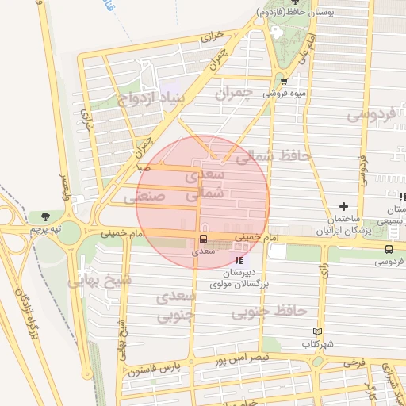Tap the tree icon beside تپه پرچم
[44, 216]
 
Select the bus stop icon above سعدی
[203, 239]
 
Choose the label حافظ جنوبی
[270, 312]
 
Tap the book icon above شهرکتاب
[319, 331]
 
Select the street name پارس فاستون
[157, 369]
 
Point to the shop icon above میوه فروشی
[284, 81]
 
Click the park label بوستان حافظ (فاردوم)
[292, 13]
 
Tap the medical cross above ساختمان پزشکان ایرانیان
[343, 206]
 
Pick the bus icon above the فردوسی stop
[388, 249]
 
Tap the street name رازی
[324, 271]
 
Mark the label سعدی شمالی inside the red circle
[205, 182]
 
